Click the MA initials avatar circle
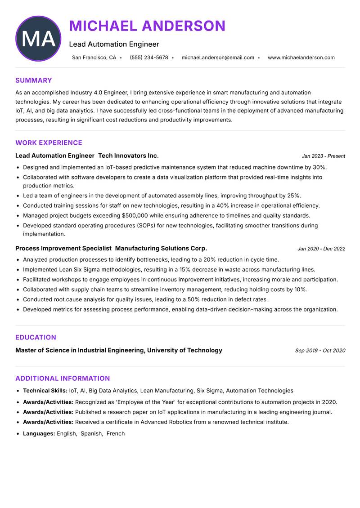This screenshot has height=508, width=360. coord(38,39)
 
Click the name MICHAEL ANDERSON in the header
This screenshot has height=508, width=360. coord(147,26)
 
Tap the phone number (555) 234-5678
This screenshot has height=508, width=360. coord(149,58)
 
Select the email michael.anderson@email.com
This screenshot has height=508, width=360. coord(218,58)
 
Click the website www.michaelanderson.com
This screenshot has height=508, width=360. coord(301,58)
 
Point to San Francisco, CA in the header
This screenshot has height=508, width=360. coord(94,58)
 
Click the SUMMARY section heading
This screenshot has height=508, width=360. coord(34,80)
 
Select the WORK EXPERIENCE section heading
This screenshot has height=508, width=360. coord(49,143)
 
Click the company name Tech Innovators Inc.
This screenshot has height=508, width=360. coord(128,156)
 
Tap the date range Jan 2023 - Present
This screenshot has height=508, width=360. coord(323,156)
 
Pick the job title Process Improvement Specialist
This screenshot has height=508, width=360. coord(63,248)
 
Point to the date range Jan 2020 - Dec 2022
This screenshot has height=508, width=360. coord(321,249)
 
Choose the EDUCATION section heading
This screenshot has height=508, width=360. coord(36,338)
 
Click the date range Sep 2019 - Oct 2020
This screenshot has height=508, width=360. coord(320,350)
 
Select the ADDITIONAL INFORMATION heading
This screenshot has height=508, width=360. coord(63,379)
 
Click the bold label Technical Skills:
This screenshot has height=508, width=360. coord(45,391)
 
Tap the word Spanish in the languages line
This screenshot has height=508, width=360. coord(91,434)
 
